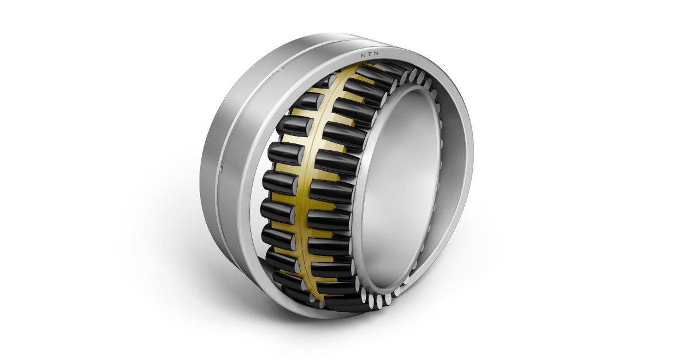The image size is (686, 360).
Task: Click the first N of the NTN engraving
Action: click(x=362, y=55)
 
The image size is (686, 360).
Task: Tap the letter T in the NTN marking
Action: click(x=369, y=54)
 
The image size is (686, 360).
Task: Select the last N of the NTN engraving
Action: click(x=376, y=54)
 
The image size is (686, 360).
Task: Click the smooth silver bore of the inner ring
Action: click(x=401, y=183)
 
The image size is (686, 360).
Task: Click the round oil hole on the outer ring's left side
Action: click(x=221, y=168)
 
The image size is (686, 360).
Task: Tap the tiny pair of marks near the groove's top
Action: click(x=281, y=69)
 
